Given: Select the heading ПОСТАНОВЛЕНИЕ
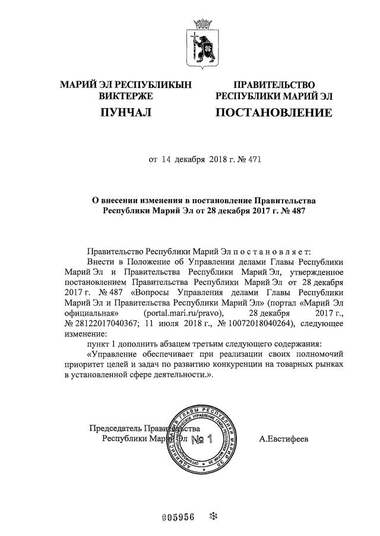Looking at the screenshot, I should pos(274,112).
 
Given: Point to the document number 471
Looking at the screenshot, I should pos(254,159).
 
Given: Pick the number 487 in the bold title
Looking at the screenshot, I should pos(295,210).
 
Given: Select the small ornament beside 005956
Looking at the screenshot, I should pos(214,516).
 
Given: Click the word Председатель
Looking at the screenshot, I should pos(116,428).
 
